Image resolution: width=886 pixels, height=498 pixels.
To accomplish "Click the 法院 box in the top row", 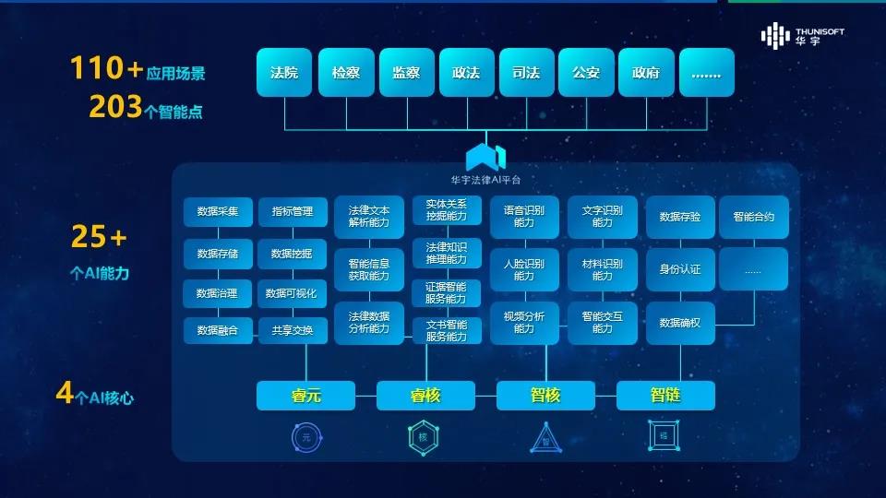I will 284,73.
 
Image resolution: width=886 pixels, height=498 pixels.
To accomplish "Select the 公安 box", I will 586,73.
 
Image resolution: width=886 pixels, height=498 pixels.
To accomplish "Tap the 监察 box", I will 405,73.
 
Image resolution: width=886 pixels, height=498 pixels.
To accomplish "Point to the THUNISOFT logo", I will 802,36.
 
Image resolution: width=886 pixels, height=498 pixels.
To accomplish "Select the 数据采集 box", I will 218,212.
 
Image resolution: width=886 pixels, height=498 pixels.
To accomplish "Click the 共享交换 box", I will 293,330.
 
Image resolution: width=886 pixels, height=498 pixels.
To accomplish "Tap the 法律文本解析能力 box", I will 369,217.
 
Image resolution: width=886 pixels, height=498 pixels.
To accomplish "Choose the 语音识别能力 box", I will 524,217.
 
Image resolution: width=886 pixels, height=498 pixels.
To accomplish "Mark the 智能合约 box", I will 754,218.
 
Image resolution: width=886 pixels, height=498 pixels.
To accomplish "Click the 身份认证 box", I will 680,269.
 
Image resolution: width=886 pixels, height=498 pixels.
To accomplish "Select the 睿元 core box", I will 305,396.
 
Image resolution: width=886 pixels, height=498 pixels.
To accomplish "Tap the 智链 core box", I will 665,396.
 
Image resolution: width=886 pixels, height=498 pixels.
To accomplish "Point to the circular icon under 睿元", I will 305,437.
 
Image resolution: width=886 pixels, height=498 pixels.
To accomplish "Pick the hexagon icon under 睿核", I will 425,437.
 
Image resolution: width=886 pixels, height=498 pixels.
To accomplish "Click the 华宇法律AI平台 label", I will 485,179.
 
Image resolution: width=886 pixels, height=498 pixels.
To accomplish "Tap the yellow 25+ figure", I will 99,238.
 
